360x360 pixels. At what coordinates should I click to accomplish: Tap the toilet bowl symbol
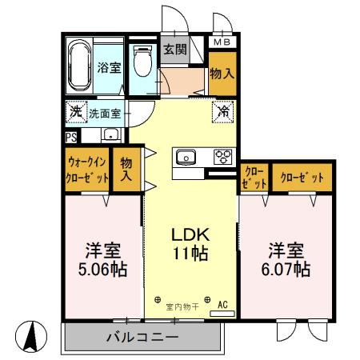click(142, 62)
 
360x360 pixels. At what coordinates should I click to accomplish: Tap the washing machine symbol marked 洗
click(74, 113)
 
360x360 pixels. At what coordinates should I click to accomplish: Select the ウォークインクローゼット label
click(86, 170)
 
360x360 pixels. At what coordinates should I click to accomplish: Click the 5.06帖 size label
click(102, 269)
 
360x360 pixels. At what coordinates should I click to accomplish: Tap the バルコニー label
click(142, 338)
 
